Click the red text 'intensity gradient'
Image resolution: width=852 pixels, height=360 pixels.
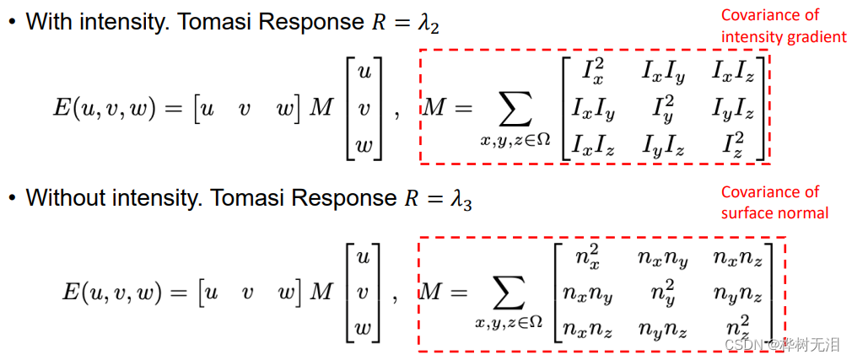click(x=783, y=36)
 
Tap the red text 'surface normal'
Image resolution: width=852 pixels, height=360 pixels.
click(x=774, y=212)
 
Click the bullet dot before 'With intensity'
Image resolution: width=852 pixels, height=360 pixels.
click(x=11, y=23)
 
